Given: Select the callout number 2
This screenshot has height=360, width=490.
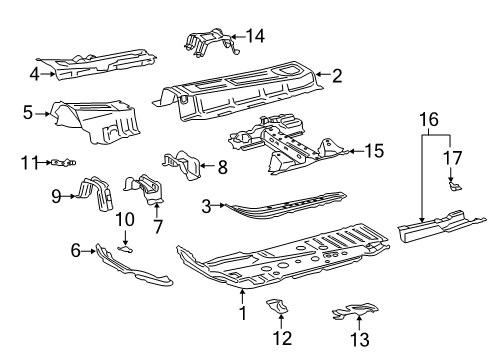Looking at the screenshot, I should click(337, 74).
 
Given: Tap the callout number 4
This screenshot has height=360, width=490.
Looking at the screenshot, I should click(34, 72).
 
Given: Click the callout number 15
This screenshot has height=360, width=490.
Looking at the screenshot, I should click(374, 151).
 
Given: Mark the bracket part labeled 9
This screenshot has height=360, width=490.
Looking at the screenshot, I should click(97, 194).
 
